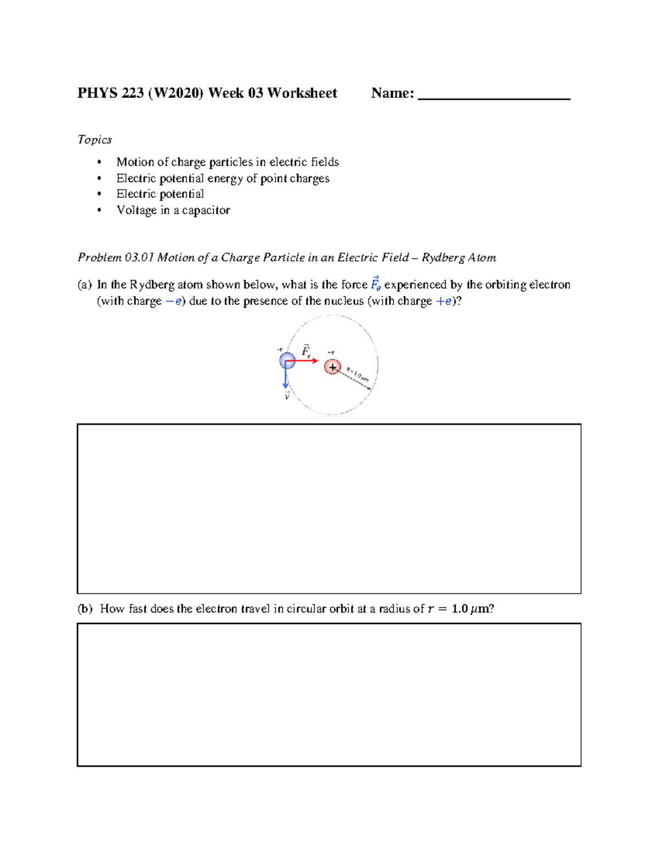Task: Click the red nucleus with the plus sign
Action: coord(332,367)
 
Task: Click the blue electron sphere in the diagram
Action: coord(287,361)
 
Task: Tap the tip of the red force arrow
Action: coord(317,361)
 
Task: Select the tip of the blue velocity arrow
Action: coord(286,387)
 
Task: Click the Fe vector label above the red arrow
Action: coord(306,351)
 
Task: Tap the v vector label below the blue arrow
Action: coord(287,396)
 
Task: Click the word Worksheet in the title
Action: coord(302,93)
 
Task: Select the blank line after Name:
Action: coord(494,97)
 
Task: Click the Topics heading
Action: coord(94,140)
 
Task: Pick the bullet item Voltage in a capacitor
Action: coord(173,210)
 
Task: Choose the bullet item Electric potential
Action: coord(160,194)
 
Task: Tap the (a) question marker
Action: coord(84,285)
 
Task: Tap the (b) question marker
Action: coord(85,609)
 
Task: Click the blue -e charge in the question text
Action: coord(173,301)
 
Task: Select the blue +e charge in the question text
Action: coord(443,301)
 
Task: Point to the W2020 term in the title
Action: coord(175,93)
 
